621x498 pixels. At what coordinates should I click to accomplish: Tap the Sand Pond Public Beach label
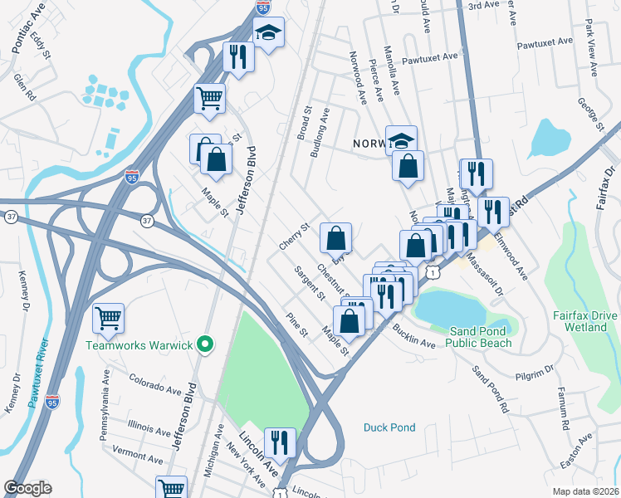pyautogui.click(x=484, y=337)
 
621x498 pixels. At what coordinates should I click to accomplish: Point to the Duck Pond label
pyautogui.click(x=389, y=427)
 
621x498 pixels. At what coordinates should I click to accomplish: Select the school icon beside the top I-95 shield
pyautogui.click(x=269, y=33)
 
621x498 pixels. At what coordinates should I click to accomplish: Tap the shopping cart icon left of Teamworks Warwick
pyautogui.click(x=109, y=317)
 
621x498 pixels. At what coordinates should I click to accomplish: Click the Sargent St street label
pyautogui.click(x=308, y=283)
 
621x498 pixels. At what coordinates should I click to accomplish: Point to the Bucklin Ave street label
pyautogui.click(x=414, y=337)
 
